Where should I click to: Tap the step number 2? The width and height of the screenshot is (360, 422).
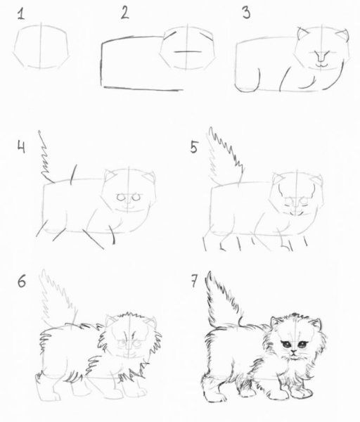pos(124,12)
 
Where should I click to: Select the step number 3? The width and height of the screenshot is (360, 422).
pos(246,13)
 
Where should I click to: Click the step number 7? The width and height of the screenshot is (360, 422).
pos(195,283)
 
